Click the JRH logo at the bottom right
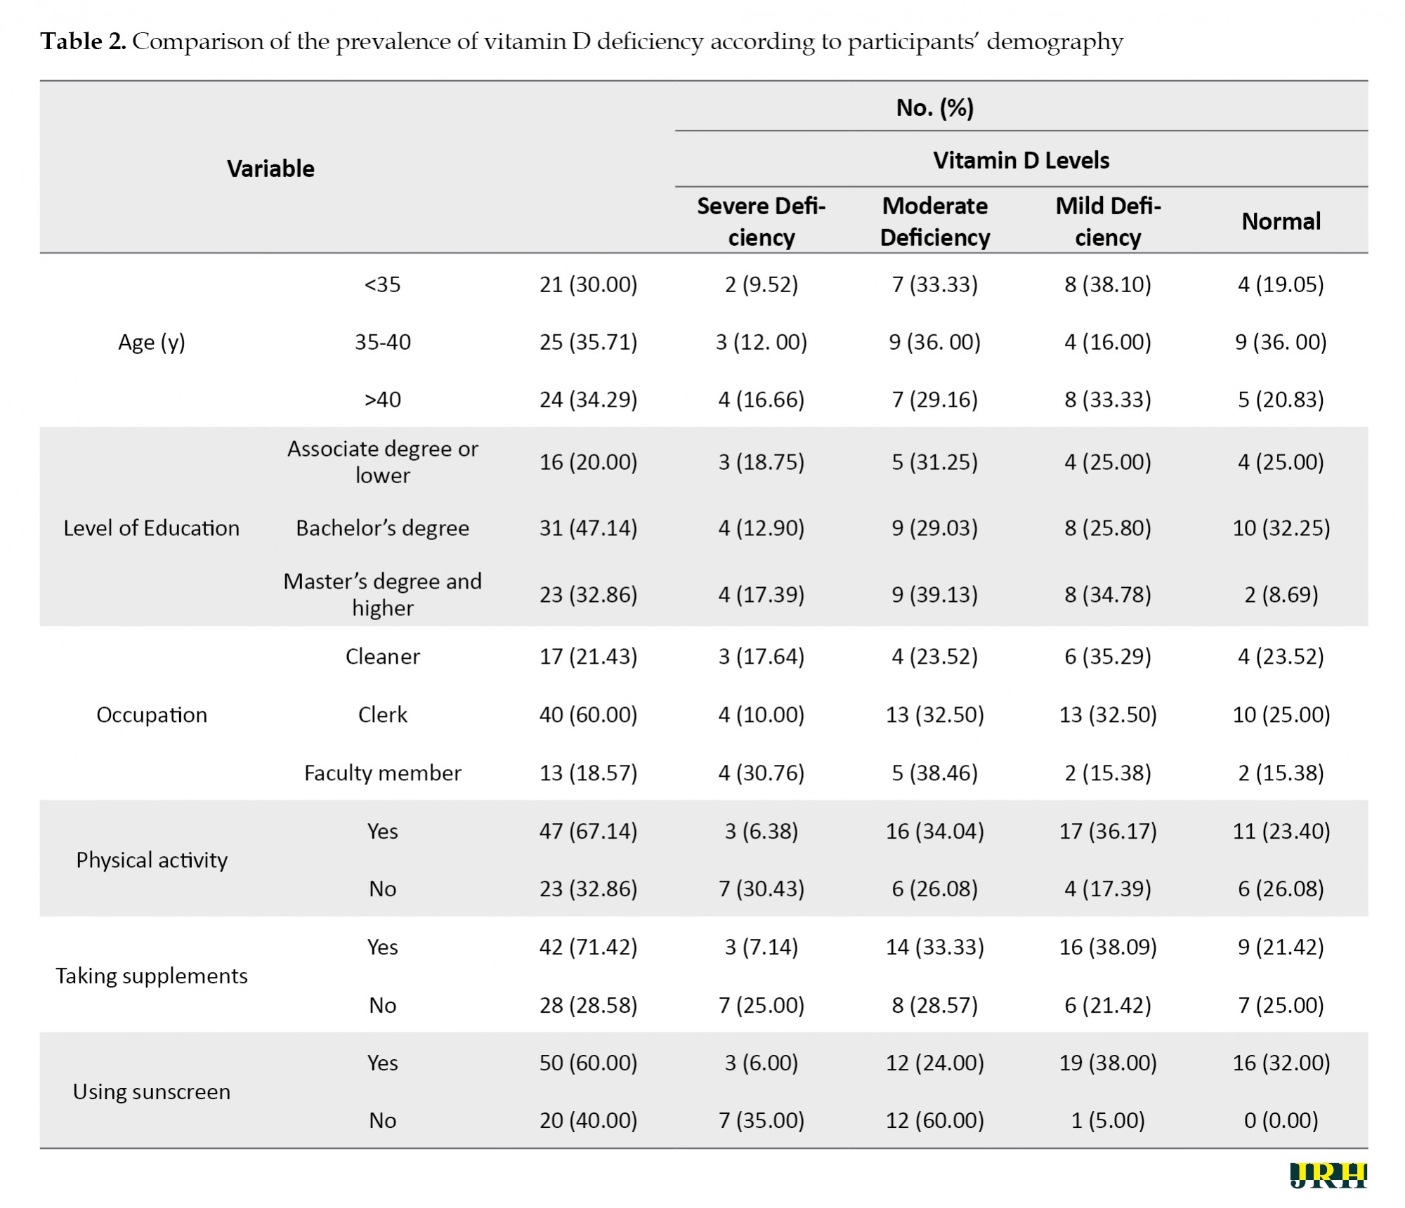[x=1328, y=1175]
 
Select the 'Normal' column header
[x=1281, y=221]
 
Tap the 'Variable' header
[x=270, y=169]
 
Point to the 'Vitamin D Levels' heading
[x=1021, y=160]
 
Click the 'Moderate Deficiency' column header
[x=934, y=221]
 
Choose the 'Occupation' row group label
[x=152, y=714]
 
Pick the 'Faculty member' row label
[x=383, y=773]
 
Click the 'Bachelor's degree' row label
[x=383, y=527]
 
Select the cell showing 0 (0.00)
[x=1281, y=1120]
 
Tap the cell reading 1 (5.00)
[x=1108, y=1120]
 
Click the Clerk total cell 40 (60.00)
[x=588, y=714]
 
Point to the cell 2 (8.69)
[x=1281, y=595]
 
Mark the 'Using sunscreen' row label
[x=152, y=1091]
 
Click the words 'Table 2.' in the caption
[x=83, y=41]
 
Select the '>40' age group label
[x=383, y=400]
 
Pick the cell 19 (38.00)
[x=1108, y=1063]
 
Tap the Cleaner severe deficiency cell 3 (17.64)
[x=761, y=657]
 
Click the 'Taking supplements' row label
[x=152, y=976]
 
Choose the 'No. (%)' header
[x=934, y=107]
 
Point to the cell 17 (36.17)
[x=1108, y=831]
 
